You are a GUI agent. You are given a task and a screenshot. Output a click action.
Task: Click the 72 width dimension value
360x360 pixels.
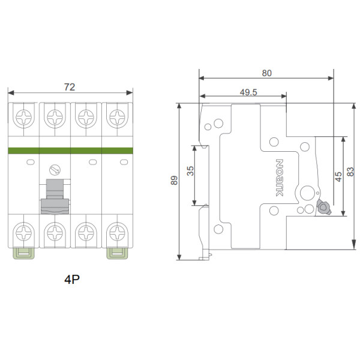70,87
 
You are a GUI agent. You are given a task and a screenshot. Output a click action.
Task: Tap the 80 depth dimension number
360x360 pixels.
267,73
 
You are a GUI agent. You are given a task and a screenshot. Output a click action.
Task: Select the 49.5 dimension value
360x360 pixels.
248,92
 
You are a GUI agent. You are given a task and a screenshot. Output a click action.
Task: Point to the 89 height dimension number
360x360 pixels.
174,180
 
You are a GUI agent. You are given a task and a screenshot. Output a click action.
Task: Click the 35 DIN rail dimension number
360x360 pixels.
190,171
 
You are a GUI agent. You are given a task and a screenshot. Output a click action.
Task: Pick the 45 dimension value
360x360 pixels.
338,176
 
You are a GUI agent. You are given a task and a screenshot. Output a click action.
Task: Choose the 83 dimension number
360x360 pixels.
350,172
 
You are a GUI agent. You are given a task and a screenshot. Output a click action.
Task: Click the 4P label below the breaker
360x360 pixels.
72,280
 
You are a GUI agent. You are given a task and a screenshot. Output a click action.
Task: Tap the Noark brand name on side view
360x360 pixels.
280,178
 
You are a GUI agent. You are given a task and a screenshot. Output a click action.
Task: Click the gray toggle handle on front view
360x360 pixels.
55,197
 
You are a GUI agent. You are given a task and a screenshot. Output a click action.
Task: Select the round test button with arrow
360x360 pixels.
55,170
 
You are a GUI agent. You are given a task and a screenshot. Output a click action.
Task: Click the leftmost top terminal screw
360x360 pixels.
23,118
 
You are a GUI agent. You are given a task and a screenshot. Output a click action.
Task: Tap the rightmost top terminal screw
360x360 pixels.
118,118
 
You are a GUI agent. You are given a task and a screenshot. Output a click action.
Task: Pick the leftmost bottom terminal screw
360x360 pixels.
23,233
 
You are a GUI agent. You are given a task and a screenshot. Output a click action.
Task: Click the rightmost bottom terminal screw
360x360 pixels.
118,233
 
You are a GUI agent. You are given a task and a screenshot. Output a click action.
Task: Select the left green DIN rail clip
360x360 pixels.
23,253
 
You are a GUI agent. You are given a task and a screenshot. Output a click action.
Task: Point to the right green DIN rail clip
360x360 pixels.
117,253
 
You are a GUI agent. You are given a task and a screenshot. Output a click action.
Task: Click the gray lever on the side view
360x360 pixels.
323,207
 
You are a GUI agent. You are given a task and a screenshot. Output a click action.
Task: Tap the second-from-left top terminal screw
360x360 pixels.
55,118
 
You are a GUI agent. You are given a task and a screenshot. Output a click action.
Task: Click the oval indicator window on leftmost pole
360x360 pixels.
31,162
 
